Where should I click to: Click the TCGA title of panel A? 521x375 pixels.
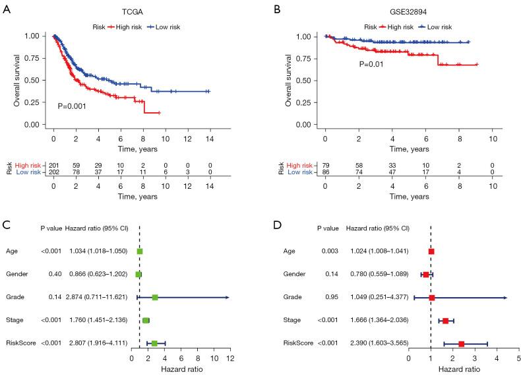[x=130, y=13]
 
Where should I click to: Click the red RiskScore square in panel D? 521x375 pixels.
[x=462, y=344]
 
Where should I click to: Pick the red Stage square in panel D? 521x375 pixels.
[x=446, y=321]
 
